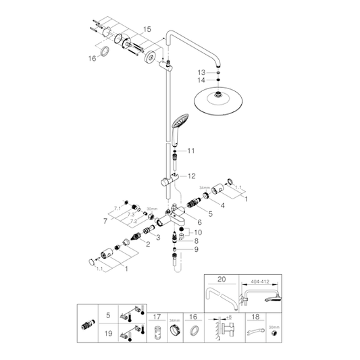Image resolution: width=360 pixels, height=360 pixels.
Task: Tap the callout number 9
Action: tap(197, 249)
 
